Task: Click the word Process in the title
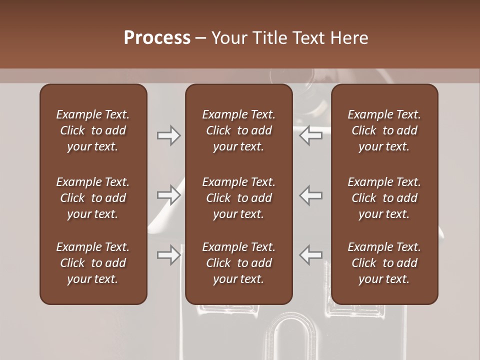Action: coord(157,38)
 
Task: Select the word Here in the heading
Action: coord(349,38)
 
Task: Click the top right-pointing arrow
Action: coord(168,135)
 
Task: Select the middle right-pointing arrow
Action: coord(168,195)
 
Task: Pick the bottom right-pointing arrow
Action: coord(168,255)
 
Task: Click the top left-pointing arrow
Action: coord(311,135)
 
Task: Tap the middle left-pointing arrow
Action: coord(311,195)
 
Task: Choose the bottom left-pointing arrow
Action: coord(311,255)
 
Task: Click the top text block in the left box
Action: coord(93,130)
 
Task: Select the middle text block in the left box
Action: coord(93,198)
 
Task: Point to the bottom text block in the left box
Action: coord(93,263)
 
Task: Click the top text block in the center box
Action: coord(238,130)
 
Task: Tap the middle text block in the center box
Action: coord(238,198)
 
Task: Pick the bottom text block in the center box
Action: coord(238,263)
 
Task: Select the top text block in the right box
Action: coord(384,130)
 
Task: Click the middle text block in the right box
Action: coord(384,198)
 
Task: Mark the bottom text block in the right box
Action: coord(384,263)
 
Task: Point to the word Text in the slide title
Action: coord(309,38)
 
